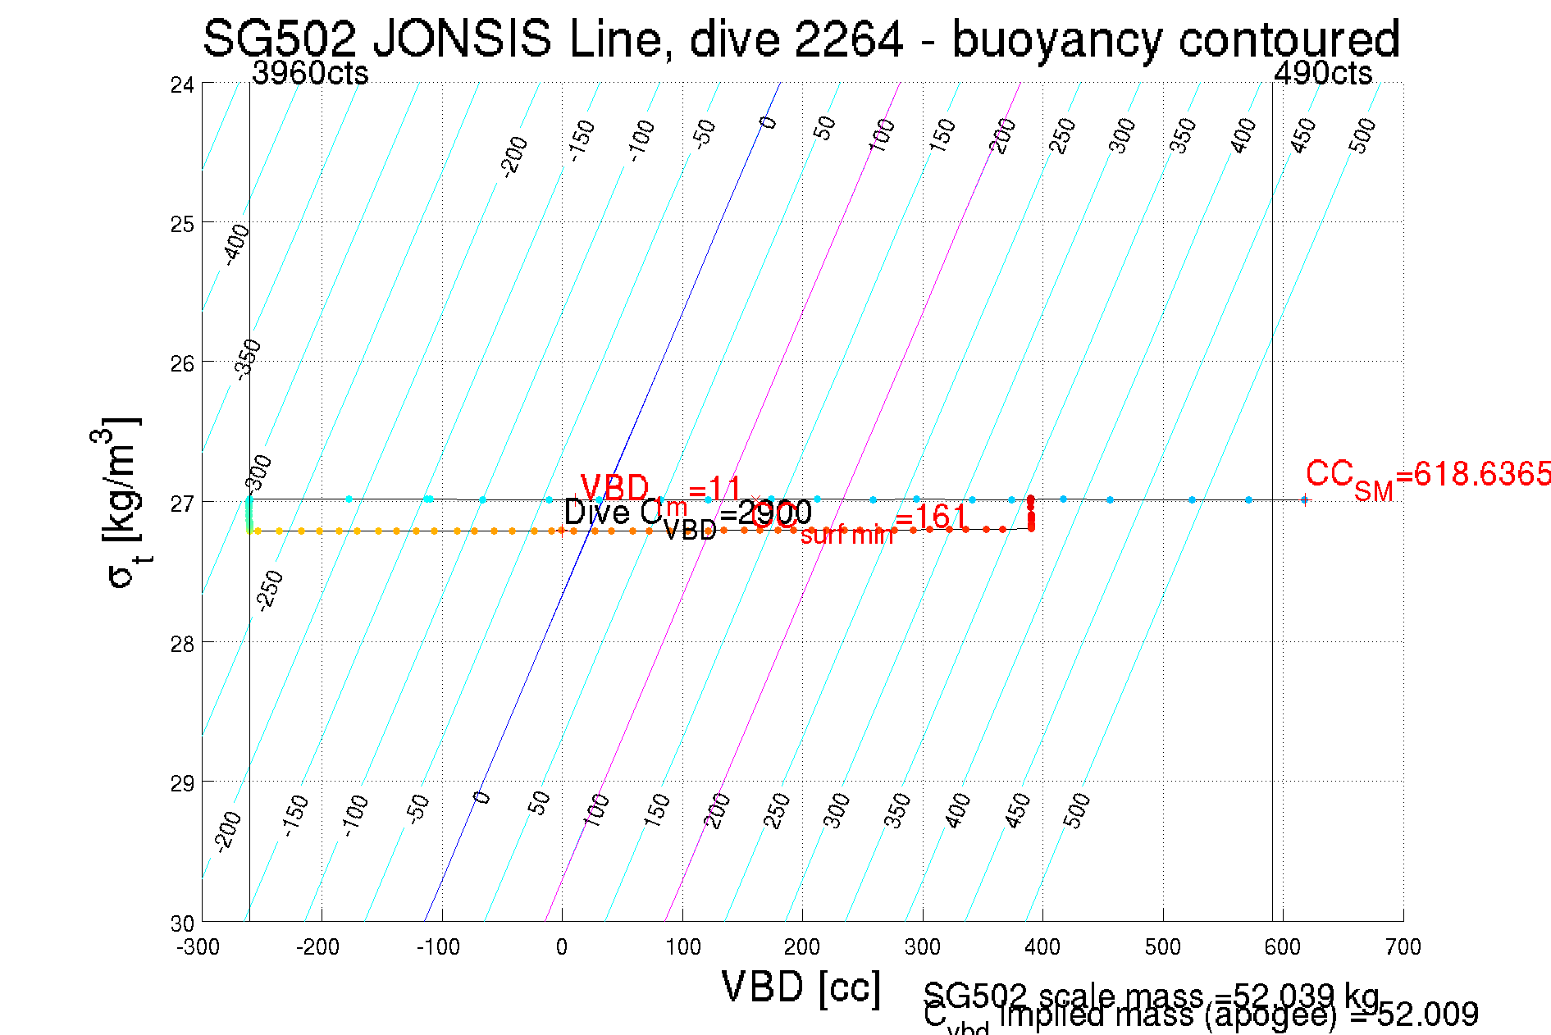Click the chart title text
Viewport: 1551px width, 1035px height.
[x=801, y=39]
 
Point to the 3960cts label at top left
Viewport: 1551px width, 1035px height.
[x=310, y=74]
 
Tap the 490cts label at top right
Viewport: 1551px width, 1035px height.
[x=1322, y=74]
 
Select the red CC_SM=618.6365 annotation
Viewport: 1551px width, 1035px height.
[x=1427, y=476]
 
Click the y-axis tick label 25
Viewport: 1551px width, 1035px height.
[x=182, y=224]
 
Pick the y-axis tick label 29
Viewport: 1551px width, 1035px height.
[x=182, y=783]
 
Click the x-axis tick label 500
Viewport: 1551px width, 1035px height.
[x=1162, y=947]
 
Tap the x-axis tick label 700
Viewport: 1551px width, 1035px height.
[x=1403, y=947]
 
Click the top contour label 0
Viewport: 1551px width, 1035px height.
[x=768, y=123]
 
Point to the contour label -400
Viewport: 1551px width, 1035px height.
[x=236, y=244]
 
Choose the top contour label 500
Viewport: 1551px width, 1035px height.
[x=1362, y=135]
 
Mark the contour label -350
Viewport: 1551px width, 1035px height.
[x=248, y=359]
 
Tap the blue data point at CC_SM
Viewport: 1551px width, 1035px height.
[x=1304, y=499]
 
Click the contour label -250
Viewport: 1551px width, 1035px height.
[x=270, y=590]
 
